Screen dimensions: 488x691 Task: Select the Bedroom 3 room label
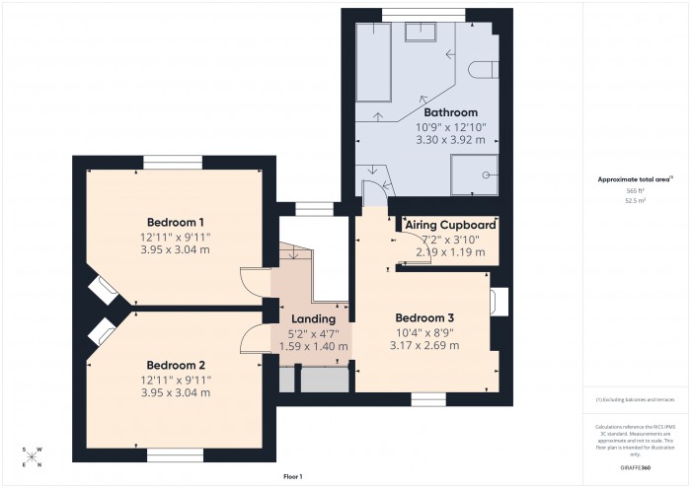tap(424, 317)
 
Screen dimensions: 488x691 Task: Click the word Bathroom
tap(450, 112)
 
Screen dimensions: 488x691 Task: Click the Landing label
tap(313, 318)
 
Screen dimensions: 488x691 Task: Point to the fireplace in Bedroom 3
tap(499, 301)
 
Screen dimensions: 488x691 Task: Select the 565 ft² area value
tap(635, 190)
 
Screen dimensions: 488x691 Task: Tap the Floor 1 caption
tap(292, 476)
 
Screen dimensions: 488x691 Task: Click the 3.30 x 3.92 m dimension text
tap(450, 139)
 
